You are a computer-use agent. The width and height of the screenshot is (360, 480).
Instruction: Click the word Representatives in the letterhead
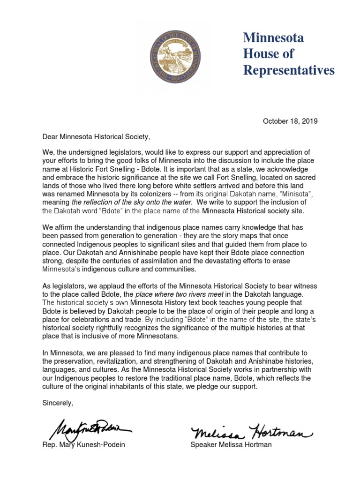289,70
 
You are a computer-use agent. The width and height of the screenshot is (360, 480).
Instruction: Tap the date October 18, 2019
290,121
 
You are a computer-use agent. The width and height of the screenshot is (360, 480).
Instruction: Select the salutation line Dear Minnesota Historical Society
97,137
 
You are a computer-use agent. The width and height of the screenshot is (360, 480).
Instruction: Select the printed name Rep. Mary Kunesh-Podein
83,444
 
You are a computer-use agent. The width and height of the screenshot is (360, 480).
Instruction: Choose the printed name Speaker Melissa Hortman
231,444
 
